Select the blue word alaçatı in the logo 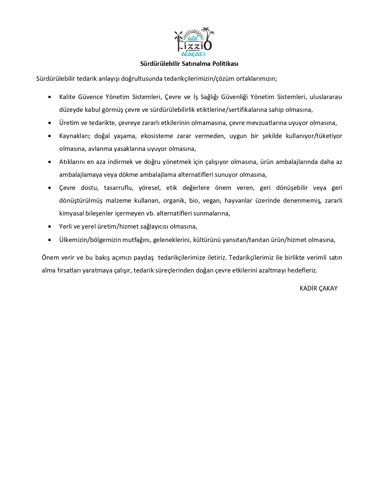click(193, 54)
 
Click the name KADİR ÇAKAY click(318, 288)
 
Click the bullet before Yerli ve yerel click(50, 227)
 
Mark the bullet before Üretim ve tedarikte click(50, 123)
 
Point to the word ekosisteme click(152, 136)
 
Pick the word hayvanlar click(238, 201)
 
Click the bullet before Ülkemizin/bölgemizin click(50, 240)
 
